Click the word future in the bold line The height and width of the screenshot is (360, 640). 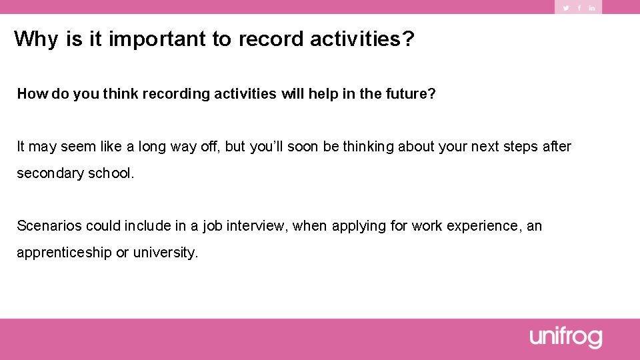click(x=409, y=94)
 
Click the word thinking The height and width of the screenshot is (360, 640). click(x=369, y=147)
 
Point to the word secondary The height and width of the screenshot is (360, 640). click(x=47, y=173)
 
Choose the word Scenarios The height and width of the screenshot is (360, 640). click(x=49, y=226)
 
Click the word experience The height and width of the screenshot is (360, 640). click(x=484, y=226)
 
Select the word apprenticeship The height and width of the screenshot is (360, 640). click(x=64, y=253)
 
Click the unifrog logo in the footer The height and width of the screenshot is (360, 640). click(x=566, y=337)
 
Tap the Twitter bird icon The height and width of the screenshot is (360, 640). click(x=566, y=8)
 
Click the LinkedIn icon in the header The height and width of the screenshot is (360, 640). click(x=591, y=8)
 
